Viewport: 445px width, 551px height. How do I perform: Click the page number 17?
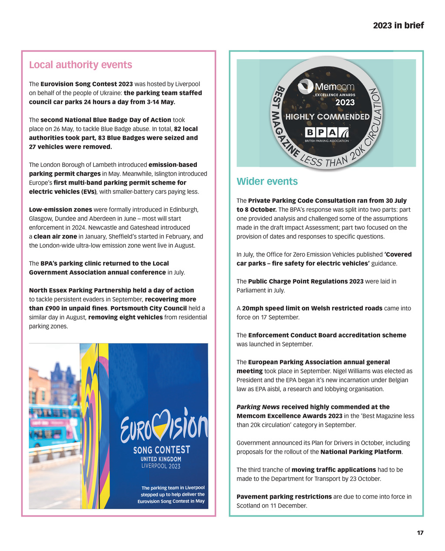[x=420, y=533]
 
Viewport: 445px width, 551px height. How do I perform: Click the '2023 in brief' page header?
[x=398, y=25]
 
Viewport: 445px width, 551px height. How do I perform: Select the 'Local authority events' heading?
[x=80, y=65]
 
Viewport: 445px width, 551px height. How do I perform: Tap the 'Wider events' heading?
[x=267, y=181]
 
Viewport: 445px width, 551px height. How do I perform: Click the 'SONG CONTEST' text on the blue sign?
[x=162, y=449]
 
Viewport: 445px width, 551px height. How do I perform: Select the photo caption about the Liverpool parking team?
[x=171, y=495]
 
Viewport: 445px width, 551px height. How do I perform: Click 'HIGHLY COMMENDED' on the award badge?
[x=327, y=116]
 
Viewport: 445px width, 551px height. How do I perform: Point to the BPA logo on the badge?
[x=327, y=133]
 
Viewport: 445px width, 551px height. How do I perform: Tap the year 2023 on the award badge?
[x=345, y=103]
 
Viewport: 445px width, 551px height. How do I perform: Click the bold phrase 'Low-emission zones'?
[x=60, y=209]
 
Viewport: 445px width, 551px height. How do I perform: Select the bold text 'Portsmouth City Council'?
[x=149, y=308]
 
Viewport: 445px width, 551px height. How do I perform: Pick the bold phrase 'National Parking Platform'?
[x=361, y=452]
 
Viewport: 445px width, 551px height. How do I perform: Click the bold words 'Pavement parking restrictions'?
[x=284, y=497]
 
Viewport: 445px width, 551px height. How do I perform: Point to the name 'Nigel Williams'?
[x=351, y=371]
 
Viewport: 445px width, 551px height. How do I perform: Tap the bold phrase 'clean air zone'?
[x=55, y=236]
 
